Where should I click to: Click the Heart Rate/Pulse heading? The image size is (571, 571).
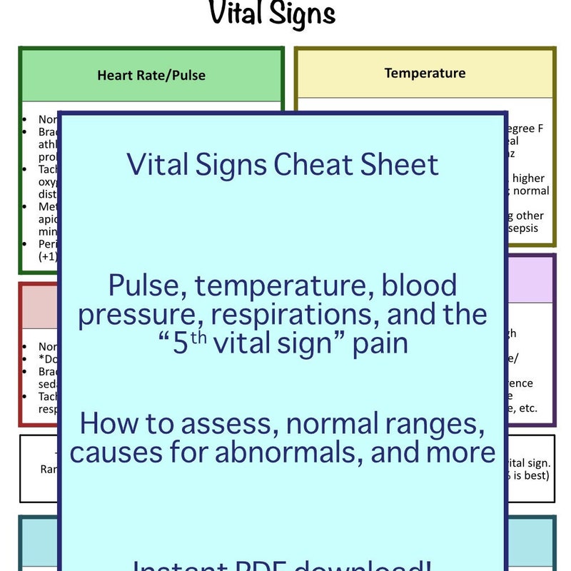point(151,75)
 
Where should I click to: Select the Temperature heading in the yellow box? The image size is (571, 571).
point(425,73)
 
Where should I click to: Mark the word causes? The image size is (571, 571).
point(114,452)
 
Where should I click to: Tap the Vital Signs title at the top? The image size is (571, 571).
point(272,14)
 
